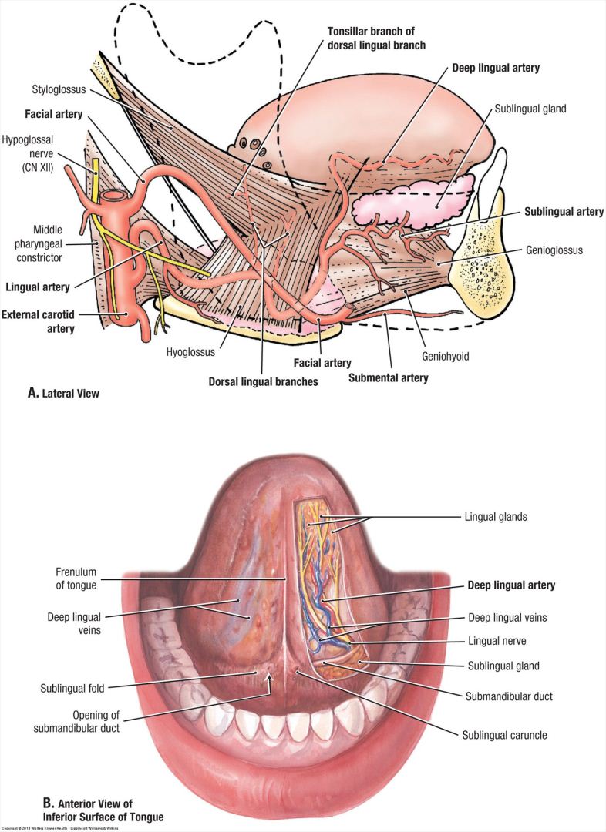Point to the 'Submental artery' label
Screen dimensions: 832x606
[388, 377]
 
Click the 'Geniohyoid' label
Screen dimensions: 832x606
[445, 357]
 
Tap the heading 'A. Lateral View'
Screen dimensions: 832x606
[64, 393]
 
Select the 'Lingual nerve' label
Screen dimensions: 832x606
[501, 640]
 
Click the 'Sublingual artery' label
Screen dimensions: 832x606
[564, 212]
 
